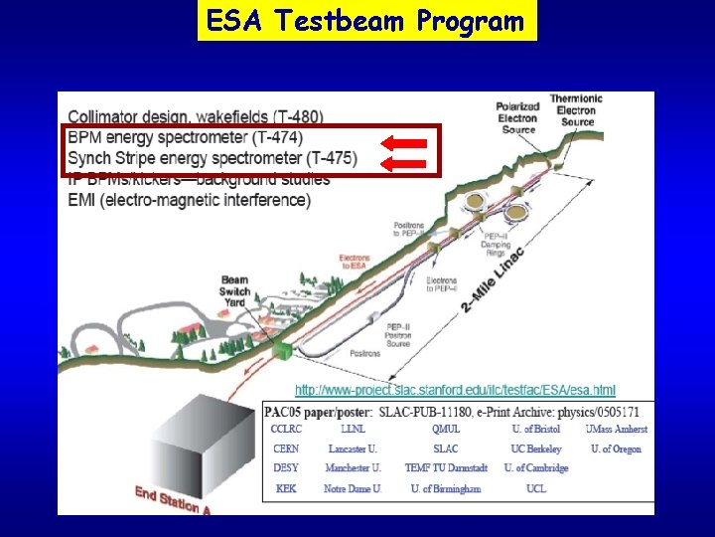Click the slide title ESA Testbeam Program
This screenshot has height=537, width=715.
pos(366,21)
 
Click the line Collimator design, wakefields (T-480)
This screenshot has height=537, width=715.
pos(196,116)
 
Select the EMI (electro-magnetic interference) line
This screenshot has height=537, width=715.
pos(189,200)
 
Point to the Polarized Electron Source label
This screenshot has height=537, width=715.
pos(518,116)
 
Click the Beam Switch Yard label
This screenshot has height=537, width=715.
pos(234,291)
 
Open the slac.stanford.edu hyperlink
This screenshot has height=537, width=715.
pos(455,389)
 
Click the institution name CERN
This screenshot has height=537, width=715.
pos(285,448)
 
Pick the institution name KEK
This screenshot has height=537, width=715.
pos(285,488)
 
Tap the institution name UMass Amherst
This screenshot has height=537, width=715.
pos(616,429)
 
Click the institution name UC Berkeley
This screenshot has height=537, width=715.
pos(536,448)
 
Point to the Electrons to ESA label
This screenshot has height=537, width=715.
pos(355,262)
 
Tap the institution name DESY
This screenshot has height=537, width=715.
pos(285,468)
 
